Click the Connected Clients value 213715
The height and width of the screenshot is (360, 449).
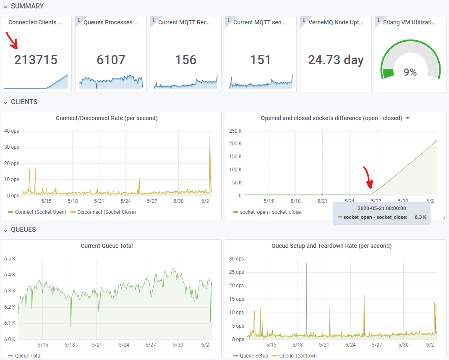[x=36, y=60]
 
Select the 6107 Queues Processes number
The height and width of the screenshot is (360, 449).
[x=111, y=60]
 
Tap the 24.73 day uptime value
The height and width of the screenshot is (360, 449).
[x=336, y=60]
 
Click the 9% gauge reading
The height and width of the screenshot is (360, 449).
[x=410, y=72]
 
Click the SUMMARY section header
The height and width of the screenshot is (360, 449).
[x=27, y=6]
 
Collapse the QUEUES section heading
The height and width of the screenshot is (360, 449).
[x=23, y=230]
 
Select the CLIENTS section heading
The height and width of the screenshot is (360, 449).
[x=24, y=102]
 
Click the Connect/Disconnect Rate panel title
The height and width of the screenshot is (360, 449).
[x=107, y=118]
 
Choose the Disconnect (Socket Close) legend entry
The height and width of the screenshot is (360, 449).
[x=106, y=212]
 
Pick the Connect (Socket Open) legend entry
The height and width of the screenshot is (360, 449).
[x=40, y=212]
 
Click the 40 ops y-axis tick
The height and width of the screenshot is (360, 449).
[x=11, y=131]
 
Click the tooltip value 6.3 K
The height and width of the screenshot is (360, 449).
[x=420, y=217]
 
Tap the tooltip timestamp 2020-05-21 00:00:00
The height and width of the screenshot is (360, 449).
[x=382, y=208]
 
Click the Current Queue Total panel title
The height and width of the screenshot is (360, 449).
[x=107, y=246]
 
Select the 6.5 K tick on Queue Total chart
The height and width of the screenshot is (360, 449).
[x=10, y=259]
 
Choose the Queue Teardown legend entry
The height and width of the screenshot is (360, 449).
[x=298, y=356]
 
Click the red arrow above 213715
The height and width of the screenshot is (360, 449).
[x=12, y=40]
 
